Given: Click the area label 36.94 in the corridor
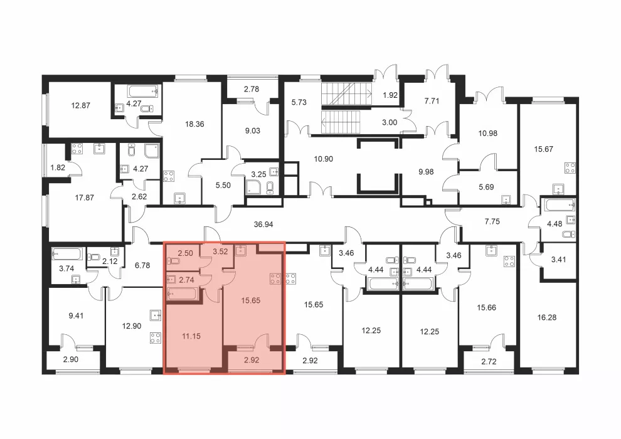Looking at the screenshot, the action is (x=263, y=225).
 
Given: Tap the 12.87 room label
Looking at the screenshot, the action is (x=80, y=105).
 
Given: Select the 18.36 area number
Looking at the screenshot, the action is (x=194, y=124).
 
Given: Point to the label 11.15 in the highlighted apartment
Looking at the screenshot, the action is (x=191, y=336).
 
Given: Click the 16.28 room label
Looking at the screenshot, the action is (x=546, y=317).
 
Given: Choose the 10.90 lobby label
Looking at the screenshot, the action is (x=323, y=159).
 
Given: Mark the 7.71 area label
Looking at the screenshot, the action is (x=432, y=101).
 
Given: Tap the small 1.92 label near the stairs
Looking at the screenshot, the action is (x=390, y=95).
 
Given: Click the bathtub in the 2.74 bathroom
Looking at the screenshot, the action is (x=182, y=294).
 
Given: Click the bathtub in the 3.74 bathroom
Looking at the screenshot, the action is (x=67, y=254).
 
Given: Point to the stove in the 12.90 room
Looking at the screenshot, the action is (x=156, y=338).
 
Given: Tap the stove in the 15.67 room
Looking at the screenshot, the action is (x=570, y=168).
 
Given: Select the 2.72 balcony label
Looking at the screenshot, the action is (x=489, y=361).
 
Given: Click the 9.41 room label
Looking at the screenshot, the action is (x=76, y=315).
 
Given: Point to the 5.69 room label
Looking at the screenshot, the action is (x=486, y=187).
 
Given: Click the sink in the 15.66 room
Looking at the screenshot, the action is (x=492, y=250).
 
